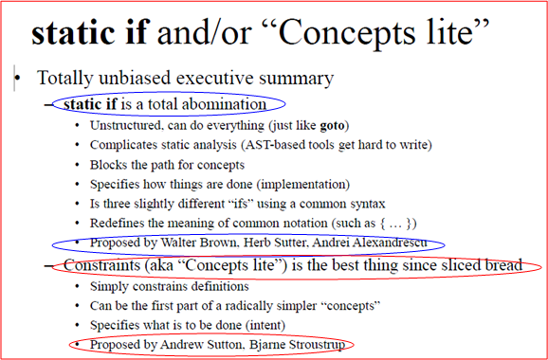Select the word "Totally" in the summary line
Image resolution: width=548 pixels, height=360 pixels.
point(64,79)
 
